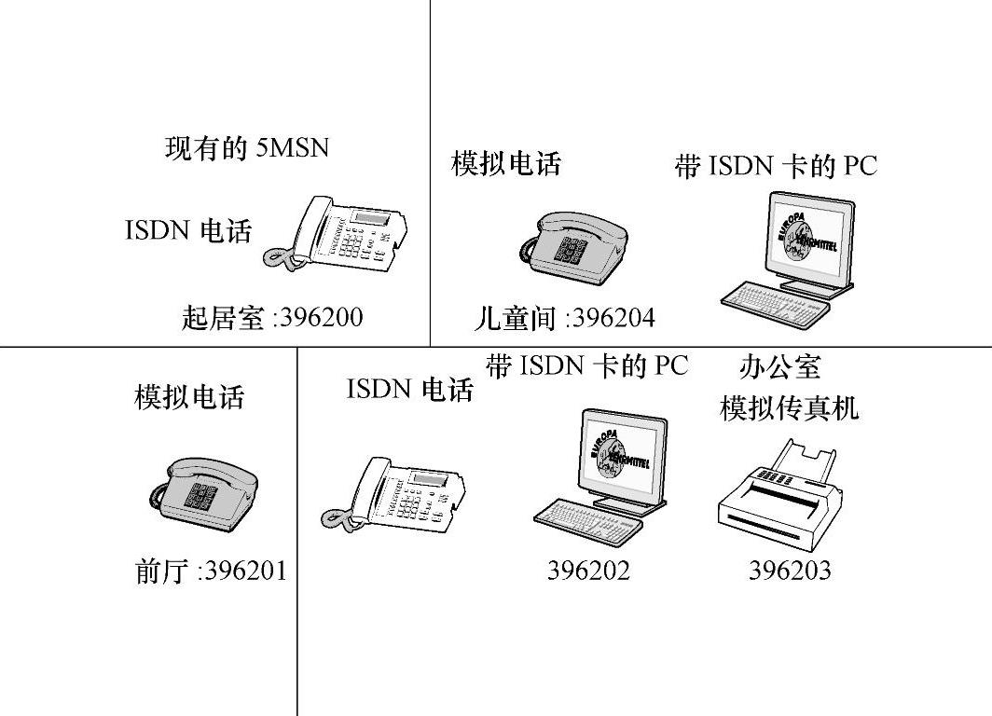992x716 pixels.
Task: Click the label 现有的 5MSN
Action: pyautogui.click(x=247, y=147)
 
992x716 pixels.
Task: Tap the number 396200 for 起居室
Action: pyautogui.click(x=321, y=318)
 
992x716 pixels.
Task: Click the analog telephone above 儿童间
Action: pyautogui.click(x=572, y=247)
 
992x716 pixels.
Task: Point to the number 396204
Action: pyautogui.click(x=613, y=319)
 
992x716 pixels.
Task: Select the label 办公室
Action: pyautogui.click(x=779, y=366)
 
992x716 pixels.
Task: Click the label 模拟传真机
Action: pyautogui.click(x=789, y=408)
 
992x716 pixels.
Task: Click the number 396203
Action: pyautogui.click(x=790, y=570)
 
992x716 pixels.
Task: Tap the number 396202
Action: pyautogui.click(x=588, y=570)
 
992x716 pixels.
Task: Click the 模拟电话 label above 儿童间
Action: pyautogui.click(x=506, y=164)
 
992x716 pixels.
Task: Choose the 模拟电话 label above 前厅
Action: pyautogui.click(x=189, y=397)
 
